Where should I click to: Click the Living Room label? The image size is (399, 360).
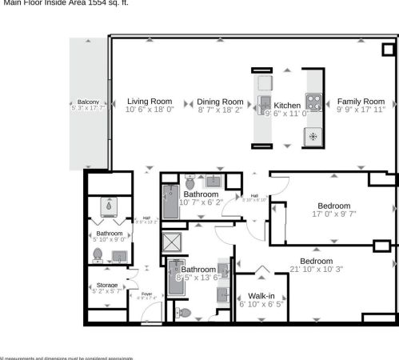coord(150,102)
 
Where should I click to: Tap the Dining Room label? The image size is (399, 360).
coord(220,102)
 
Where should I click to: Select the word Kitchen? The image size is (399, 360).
coord(287,105)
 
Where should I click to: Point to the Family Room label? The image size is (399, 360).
coord(360,102)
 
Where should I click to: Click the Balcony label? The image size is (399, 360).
coord(88,102)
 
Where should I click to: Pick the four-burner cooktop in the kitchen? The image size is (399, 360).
coord(313,102)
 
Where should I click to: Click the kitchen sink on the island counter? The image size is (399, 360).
coord(264,102)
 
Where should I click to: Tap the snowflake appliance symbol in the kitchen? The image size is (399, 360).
coord(313,136)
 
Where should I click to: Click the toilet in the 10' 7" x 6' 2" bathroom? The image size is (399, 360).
coord(190,182)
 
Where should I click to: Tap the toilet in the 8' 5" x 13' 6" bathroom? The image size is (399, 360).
coord(184,313)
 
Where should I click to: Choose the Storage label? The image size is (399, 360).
coord(107,286)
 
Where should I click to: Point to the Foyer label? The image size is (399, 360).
coord(146,294)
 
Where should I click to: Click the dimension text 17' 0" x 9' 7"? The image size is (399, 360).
coord(333,214)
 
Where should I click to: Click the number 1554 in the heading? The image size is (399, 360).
coord(96,2)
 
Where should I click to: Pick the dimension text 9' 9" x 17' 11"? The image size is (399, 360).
coord(360,110)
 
